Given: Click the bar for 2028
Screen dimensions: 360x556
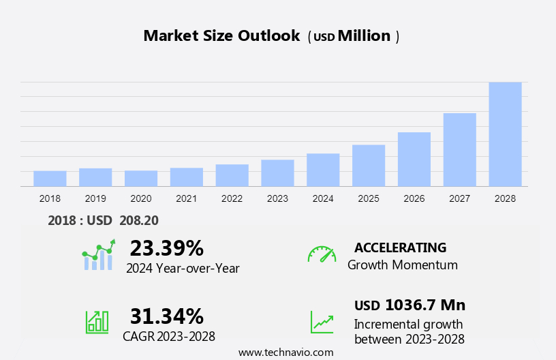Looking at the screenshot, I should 505,134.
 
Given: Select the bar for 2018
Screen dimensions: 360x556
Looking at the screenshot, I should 50,179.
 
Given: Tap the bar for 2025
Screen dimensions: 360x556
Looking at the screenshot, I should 369,166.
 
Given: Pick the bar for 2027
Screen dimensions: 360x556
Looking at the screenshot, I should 459,150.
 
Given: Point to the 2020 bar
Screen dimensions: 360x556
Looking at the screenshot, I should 141,179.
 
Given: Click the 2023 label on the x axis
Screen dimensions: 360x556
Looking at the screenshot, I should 277,198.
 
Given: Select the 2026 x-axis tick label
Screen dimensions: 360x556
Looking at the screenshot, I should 414,198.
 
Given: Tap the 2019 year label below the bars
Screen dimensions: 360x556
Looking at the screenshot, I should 95,198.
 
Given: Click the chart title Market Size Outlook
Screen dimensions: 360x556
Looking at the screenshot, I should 221,36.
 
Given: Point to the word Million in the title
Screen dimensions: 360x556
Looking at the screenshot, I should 365,36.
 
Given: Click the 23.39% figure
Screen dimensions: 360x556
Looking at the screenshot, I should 166,247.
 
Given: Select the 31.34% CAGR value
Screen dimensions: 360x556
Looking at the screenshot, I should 166,316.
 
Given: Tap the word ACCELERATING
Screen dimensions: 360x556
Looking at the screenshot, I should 401,247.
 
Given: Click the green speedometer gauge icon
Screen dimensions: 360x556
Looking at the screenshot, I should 322,254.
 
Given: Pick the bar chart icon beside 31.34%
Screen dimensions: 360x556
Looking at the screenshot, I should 97,322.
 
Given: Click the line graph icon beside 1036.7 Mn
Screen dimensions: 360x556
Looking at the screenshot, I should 322,322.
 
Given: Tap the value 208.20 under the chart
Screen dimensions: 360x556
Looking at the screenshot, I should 138,220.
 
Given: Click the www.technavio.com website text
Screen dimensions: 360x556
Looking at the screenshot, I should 285,352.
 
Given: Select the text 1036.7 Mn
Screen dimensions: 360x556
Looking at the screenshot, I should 425,305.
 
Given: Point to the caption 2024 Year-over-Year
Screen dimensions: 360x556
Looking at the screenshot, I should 183,269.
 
